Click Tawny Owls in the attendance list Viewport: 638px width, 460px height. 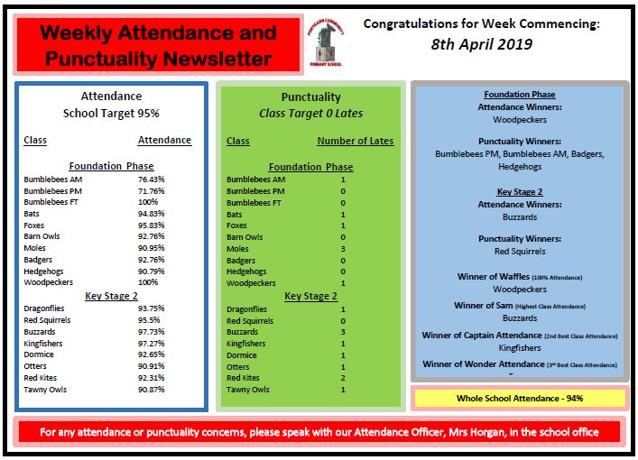46,390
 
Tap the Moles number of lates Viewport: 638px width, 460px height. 343,249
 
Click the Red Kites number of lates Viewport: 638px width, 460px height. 343,378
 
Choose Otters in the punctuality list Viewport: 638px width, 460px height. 238,367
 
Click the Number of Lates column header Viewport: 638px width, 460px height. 355,142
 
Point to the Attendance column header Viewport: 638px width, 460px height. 164,141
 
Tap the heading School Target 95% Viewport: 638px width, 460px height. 111,115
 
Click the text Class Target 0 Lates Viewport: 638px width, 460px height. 310,115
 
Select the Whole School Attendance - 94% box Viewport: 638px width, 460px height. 519,398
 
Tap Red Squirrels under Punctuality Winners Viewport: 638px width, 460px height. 519,252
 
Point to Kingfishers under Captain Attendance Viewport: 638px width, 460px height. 519,347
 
